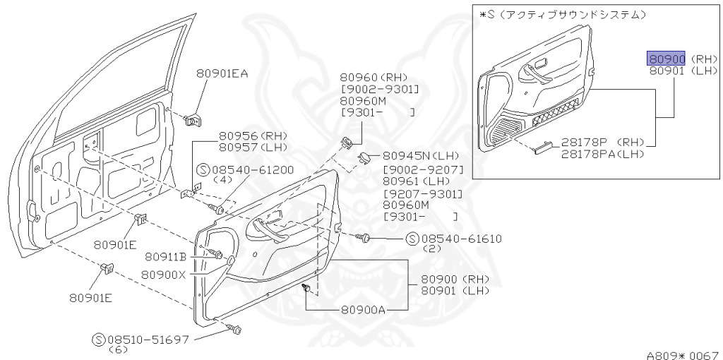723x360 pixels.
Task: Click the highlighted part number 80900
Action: [667, 59]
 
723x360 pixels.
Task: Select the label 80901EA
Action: [222, 73]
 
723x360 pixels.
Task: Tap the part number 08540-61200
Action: [252, 170]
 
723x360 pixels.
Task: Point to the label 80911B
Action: [165, 256]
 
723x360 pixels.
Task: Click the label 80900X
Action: [163, 275]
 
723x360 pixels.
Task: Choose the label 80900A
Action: [363, 309]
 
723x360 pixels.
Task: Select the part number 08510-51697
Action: [148, 340]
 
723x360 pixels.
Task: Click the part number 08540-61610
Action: [460, 239]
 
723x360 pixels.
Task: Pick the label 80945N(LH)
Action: [422, 156]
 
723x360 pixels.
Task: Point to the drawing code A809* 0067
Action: [683, 355]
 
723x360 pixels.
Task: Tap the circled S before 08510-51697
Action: [99, 340]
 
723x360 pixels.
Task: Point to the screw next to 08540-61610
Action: [364, 237]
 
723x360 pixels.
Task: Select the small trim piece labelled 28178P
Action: [544, 148]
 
